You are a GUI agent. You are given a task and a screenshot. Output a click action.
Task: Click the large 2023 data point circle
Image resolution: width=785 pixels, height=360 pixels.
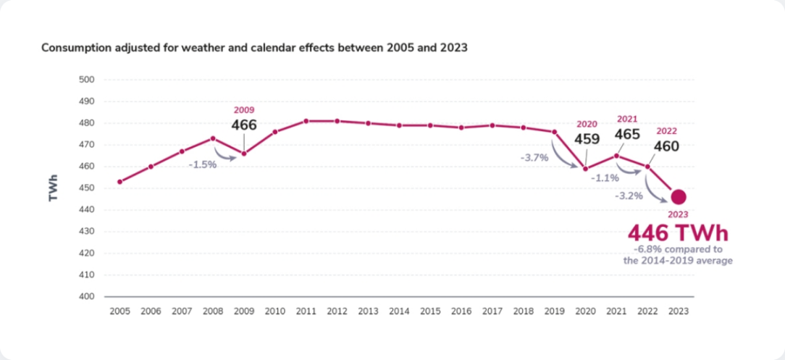679,197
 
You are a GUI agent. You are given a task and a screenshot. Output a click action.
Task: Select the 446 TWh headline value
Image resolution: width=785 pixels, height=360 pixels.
677,234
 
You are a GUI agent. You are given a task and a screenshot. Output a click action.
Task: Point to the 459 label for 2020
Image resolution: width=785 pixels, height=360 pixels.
586,139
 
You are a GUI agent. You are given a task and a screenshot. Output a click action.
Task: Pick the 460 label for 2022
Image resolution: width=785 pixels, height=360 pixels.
667,146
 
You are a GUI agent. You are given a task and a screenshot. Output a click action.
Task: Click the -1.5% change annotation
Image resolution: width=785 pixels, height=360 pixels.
203,164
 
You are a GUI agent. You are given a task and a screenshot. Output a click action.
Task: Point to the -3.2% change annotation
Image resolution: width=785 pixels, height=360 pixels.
629,196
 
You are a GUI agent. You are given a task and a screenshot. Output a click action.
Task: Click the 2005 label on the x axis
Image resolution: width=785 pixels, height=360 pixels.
119,311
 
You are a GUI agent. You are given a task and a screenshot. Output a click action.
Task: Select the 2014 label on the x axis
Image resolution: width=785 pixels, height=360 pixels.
399,311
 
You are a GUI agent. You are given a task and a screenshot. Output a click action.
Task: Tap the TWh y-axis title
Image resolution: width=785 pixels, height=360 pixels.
54,187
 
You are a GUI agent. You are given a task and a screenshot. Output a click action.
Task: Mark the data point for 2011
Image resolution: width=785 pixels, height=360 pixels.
306,121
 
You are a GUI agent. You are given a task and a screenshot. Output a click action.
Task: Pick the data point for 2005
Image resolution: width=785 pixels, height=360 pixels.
119,182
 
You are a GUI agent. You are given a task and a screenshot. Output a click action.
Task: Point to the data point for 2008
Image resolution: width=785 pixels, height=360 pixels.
213,138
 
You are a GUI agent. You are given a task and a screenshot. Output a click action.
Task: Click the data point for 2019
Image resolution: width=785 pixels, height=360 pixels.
555,132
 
